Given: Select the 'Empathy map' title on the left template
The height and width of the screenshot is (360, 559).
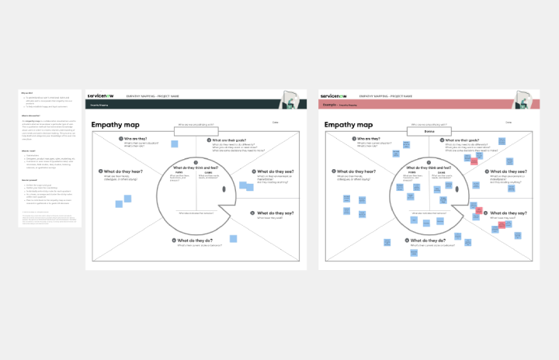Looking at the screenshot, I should (115, 124).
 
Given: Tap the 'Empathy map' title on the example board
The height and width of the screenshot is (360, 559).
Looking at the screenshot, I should (348, 124).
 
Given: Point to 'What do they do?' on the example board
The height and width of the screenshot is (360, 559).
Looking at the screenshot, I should (424, 241).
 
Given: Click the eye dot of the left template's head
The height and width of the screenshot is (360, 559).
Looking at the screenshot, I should (226, 189).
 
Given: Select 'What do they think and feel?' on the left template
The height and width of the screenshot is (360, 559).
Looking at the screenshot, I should (198, 167).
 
